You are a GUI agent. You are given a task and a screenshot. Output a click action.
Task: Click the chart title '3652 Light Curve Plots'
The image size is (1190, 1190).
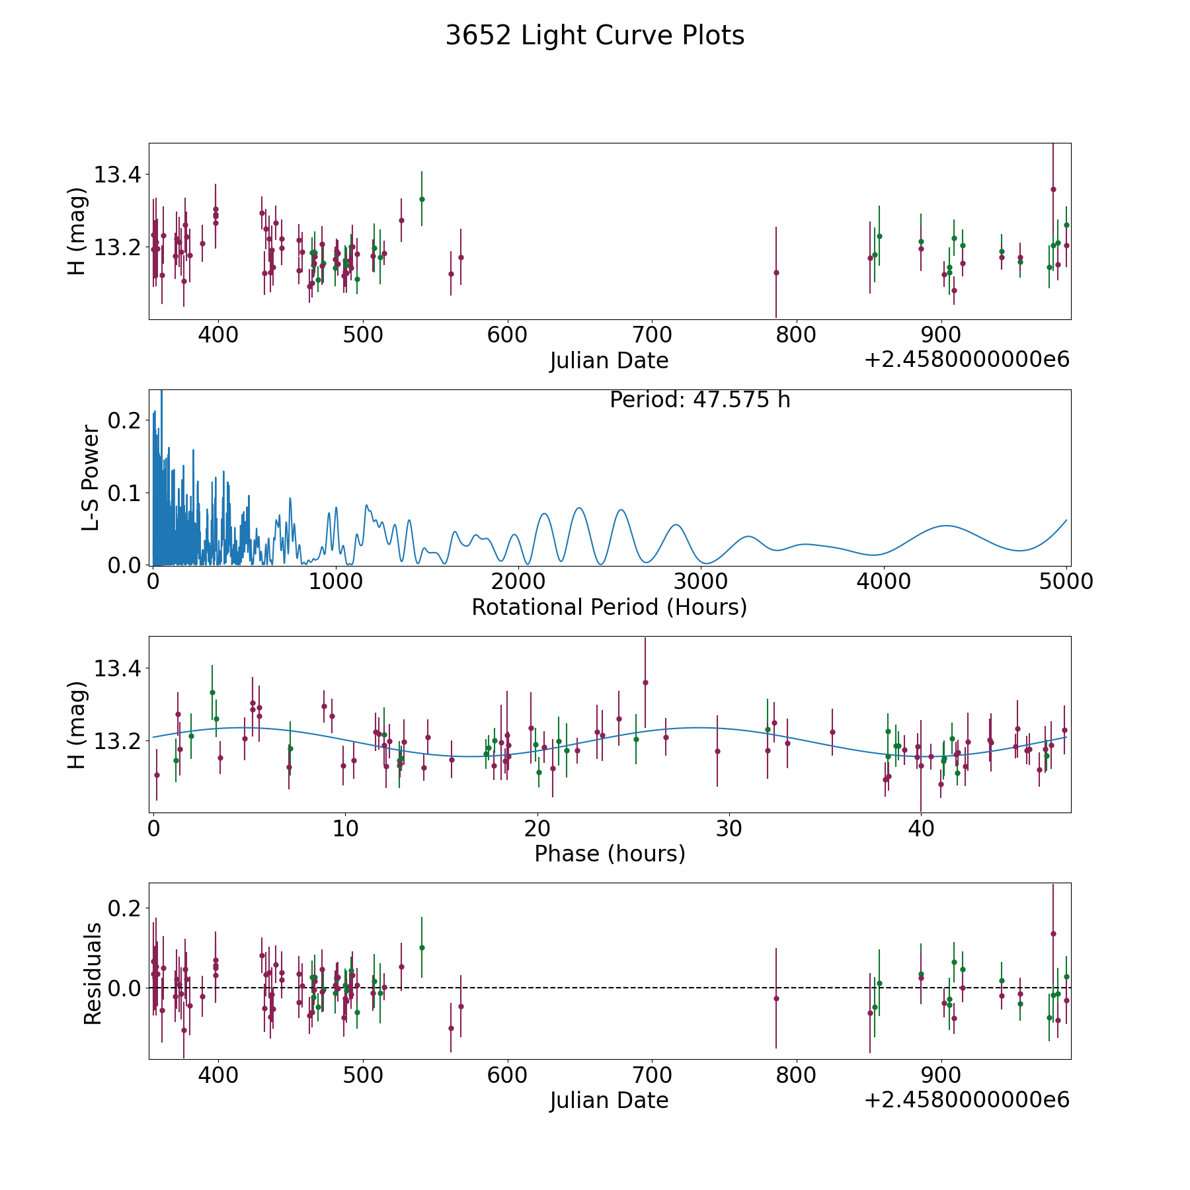tap(595, 36)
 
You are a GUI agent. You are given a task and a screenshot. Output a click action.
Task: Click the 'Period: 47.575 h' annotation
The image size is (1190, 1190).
tap(700, 400)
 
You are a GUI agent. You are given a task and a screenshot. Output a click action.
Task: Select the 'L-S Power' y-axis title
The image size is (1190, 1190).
tap(91, 477)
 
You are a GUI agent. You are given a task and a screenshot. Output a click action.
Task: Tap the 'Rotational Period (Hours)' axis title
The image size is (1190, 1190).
tap(610, 607)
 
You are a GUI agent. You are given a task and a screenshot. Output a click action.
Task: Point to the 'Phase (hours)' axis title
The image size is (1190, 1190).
tap(610, 853)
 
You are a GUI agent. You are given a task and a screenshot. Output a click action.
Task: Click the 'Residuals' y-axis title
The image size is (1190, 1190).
tap(93, 973)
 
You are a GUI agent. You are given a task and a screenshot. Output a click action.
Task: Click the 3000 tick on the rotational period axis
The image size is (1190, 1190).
tap(701, 582)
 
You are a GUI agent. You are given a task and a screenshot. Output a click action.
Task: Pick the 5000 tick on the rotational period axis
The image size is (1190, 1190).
tap(1066, 582)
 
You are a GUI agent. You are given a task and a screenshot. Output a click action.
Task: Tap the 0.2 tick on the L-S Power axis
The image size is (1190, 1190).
tap(126, 420)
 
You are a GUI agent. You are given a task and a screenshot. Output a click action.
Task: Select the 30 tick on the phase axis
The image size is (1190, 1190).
tap(729, 828)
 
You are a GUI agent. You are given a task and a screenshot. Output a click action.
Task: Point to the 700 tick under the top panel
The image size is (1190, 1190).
tap(652, 335)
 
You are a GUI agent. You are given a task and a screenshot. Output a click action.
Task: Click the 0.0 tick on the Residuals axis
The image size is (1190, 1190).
tap(126, 988)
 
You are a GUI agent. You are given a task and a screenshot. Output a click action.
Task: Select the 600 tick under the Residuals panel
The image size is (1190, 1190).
tap(507, 1075)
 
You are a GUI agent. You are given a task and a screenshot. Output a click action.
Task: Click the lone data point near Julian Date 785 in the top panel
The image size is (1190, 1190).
tap(776, 272)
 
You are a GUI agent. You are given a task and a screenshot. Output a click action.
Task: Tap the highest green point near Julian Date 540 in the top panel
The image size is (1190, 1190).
tap(422, 199)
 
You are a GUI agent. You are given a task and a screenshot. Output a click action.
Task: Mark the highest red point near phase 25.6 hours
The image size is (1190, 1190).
tap(645, 682)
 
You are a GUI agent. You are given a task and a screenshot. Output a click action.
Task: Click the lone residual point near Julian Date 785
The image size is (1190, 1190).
tap(776, 998)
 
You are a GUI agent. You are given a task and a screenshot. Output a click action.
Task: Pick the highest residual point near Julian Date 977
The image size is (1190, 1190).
tap(1053, 933)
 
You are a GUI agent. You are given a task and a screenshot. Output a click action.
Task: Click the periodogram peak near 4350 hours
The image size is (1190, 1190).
tap(947, 526)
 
